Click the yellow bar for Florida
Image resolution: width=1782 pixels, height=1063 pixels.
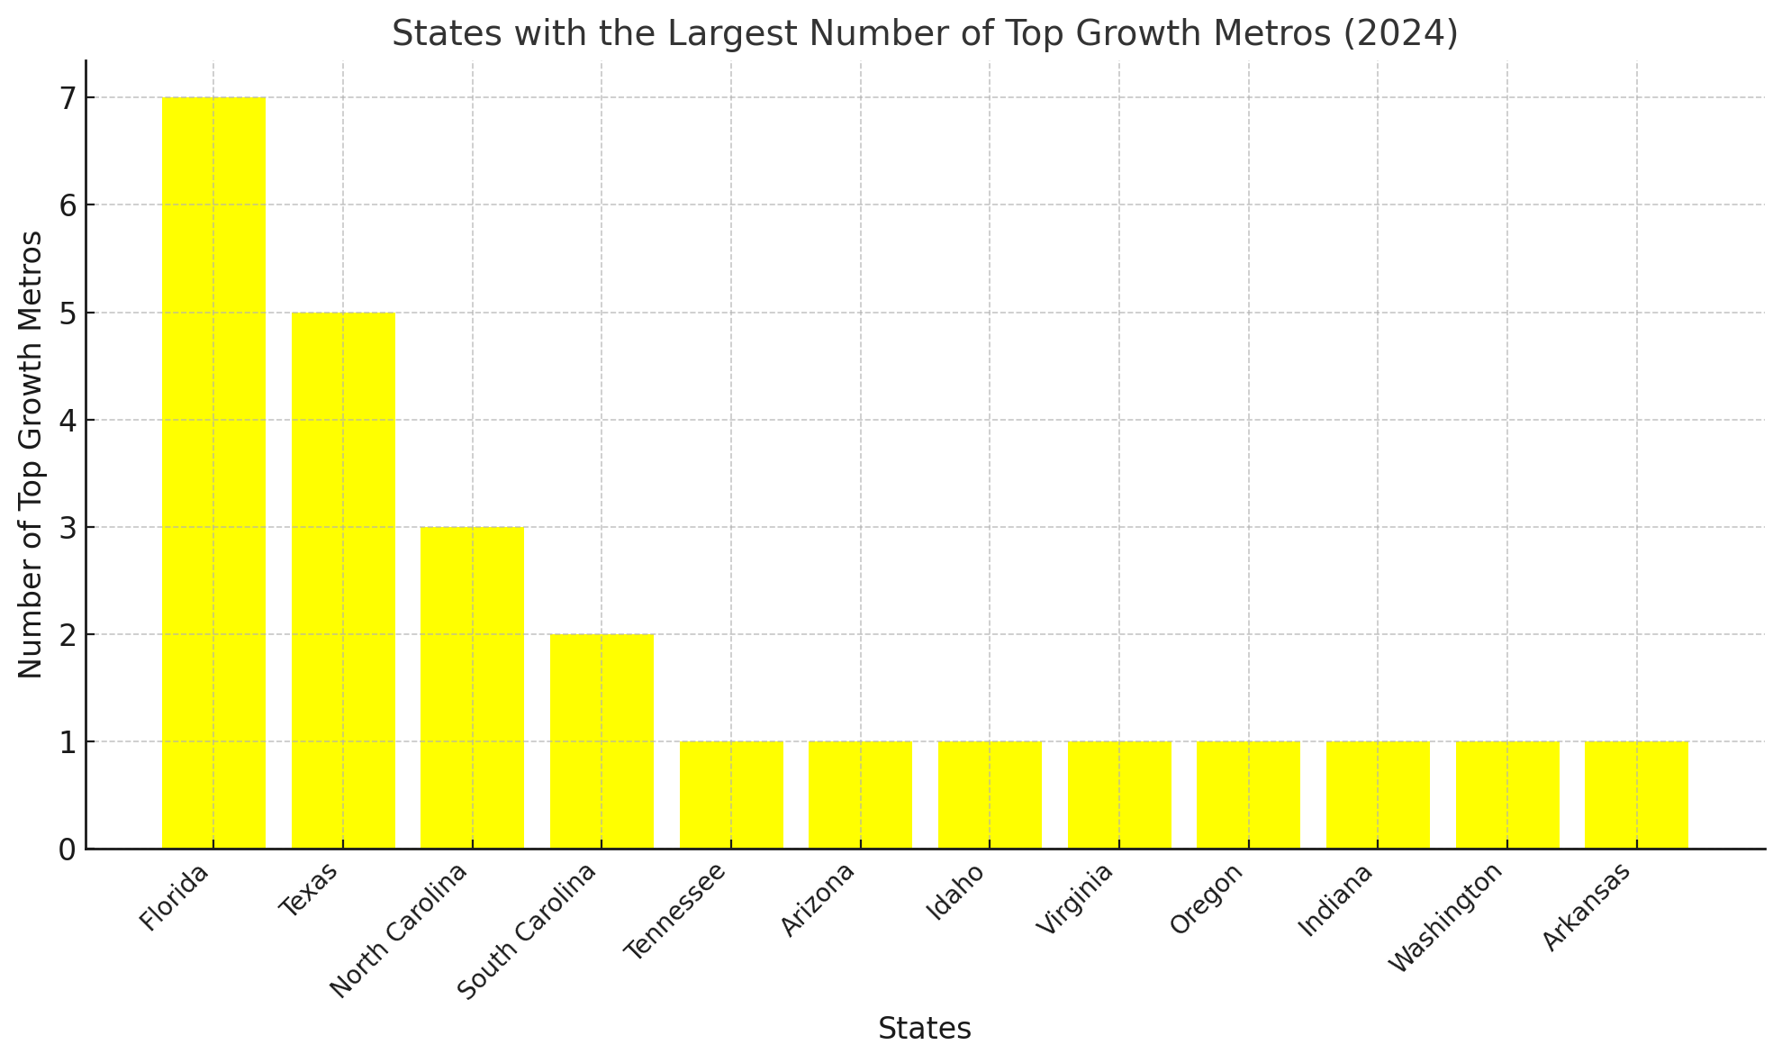(213, 473)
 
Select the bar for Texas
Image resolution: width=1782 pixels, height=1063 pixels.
(343, 580)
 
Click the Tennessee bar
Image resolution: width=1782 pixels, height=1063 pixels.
(731, 795)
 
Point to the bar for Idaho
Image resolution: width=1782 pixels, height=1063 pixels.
(990, 795)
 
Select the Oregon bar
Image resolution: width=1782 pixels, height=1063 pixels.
(1248, 795)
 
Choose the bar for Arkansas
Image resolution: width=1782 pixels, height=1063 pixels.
(1636, 795)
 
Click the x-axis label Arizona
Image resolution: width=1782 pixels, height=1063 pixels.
(818, 899)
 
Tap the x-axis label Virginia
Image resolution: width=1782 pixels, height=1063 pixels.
(1075, 899)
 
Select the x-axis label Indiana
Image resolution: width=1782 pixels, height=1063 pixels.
(1335, 900)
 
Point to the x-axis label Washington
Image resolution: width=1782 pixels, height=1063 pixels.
(1446, 917)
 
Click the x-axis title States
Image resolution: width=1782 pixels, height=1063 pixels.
(925, 1029)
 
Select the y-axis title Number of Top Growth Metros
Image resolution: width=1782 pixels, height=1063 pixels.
(31, 455)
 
